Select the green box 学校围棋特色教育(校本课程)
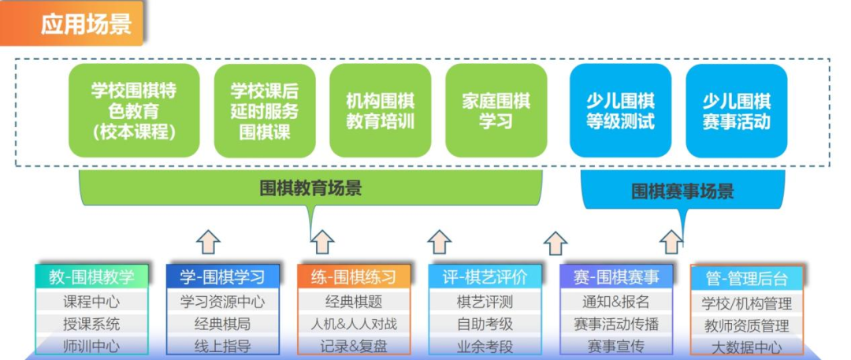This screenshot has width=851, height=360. [x=134, y=111]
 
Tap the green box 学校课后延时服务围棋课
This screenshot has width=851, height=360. [x=265, y=111]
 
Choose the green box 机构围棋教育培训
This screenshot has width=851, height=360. [x=380, y=111]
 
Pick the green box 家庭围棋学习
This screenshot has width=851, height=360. [x=496, y=111]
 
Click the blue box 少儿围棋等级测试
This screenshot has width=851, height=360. [x=620, y=111]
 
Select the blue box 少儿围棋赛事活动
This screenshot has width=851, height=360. [x=737, y=111]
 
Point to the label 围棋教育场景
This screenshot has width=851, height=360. [x=311, y=188]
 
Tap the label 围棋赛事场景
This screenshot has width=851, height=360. [x=682, y=191]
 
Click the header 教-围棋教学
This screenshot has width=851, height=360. [x=91, y=277]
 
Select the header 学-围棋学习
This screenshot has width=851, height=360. [x=222, y=277]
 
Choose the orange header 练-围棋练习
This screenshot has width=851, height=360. [x=353, y=277]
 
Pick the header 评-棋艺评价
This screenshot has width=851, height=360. [x=485, y=277]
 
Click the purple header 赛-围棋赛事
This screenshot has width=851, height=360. [x=616, y=277]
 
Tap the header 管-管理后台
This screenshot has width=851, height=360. [x=747, y=278]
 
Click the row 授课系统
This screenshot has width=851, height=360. [x=91, y=325]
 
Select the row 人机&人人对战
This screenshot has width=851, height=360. [x=353, y=325]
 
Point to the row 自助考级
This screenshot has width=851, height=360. [x=485, y=325]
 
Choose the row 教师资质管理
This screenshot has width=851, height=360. [x=747, y=326]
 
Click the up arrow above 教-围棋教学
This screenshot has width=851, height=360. [x=208, y=242]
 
